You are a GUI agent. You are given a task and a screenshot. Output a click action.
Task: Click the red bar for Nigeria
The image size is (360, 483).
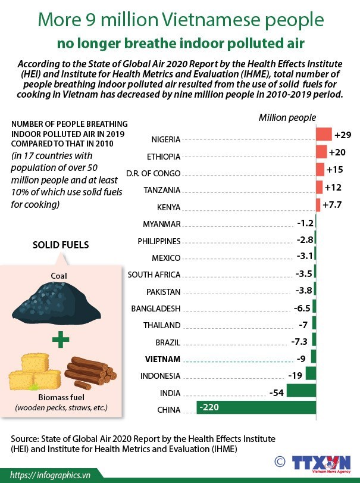[324, 134]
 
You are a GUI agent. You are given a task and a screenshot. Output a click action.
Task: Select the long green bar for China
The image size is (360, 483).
[256, 407]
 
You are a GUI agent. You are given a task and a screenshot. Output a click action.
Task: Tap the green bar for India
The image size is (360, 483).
[301, 391]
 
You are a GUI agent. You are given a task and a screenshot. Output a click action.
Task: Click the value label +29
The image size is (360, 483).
[343, 135]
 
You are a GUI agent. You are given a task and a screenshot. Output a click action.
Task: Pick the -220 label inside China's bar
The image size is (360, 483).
[209, 407]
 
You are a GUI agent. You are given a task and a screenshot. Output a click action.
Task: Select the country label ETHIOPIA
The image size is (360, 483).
[163, 157]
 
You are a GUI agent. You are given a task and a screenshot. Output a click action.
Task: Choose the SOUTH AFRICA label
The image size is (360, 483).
[154, 275]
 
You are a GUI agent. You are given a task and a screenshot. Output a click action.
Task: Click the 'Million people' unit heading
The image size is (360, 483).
[287, 117]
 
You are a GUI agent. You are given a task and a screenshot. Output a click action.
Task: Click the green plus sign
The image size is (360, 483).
[58, 341]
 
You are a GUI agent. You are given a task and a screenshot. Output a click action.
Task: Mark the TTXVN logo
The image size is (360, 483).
[321, 462]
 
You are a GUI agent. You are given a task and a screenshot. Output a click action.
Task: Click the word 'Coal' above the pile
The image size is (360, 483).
[59, 276]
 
